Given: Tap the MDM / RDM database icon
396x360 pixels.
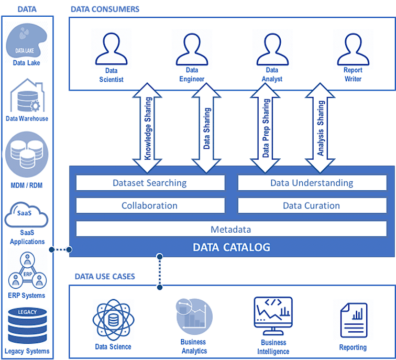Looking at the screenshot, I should [x=26, y=154].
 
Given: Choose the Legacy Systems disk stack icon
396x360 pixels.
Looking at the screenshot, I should [x=27, y=326].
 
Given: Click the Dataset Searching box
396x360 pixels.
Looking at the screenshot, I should [x=150, y=183].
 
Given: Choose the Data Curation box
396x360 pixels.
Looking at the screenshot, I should [x=312, y=205].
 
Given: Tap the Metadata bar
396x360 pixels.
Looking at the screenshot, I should [x=231, y=229].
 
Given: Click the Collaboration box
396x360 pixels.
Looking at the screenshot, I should [x=150, y=205].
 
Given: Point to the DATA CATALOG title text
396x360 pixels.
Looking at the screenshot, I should [x=231, y=247].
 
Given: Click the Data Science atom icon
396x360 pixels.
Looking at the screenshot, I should [x=113, y=320].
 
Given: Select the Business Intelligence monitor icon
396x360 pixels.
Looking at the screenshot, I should [x=273, y=316].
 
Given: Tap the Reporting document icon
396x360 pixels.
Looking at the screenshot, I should [x=353, y=320].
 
